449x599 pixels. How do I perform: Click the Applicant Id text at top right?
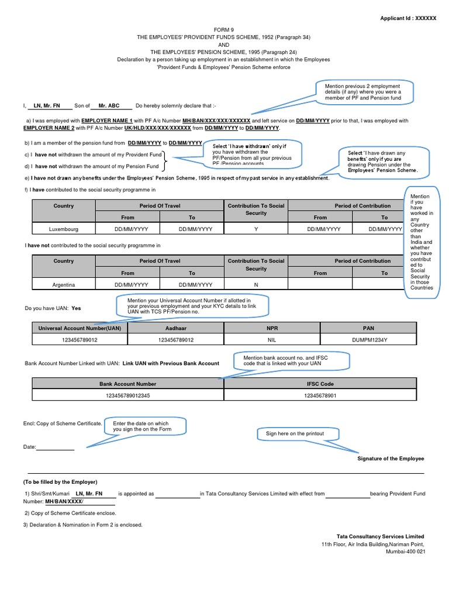408,18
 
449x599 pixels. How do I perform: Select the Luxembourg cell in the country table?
63,229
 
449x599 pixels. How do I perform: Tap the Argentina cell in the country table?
63,285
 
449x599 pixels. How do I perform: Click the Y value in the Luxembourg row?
256,229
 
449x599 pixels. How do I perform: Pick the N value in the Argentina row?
256,285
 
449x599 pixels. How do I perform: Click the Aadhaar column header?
176,328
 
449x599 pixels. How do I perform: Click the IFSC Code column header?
320,384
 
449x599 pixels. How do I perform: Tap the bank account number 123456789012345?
127,395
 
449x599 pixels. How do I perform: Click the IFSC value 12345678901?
320,395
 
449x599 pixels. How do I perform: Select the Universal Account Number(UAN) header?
80,328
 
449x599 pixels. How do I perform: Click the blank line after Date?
56,447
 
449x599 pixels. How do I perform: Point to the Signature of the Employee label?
391,459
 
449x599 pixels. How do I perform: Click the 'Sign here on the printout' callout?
295,433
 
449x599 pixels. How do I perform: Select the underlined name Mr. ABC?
109,106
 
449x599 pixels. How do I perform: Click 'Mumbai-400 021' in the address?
405,552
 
